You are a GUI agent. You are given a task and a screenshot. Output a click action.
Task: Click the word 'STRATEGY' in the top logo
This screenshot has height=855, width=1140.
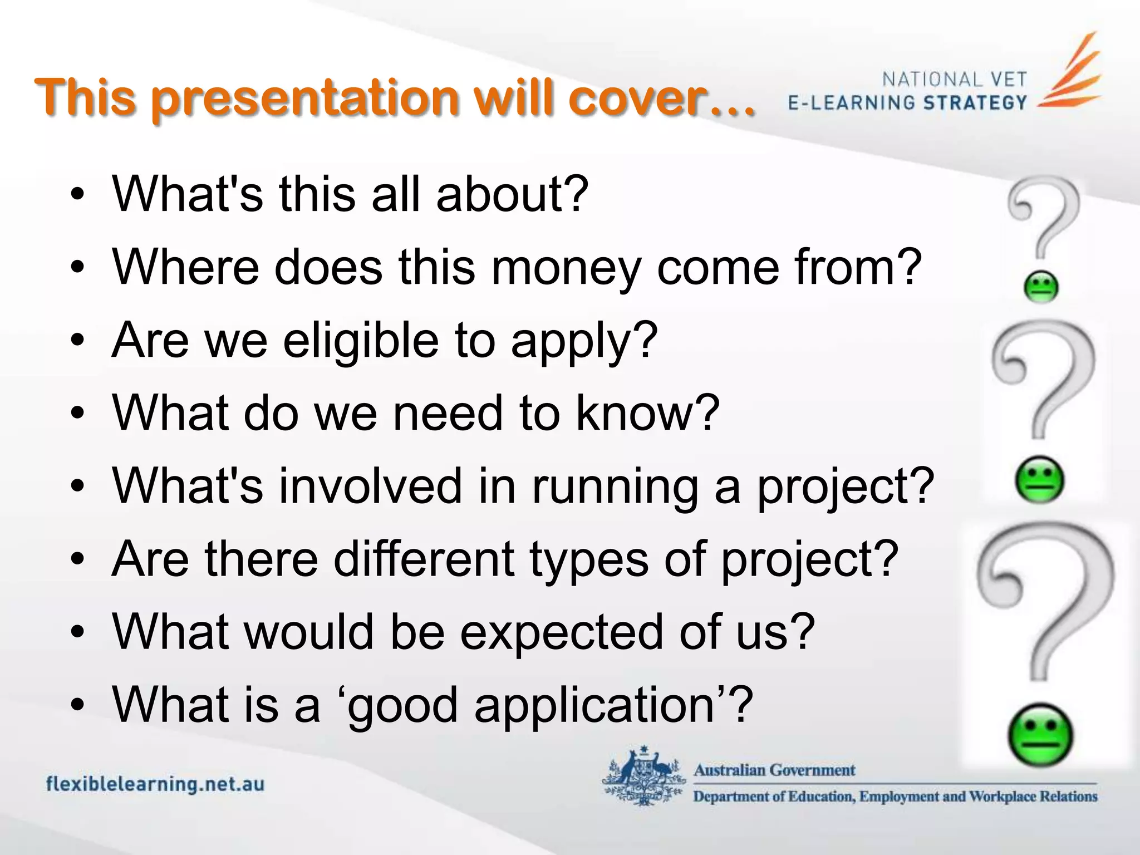pyautogui.click(x=975, y=103)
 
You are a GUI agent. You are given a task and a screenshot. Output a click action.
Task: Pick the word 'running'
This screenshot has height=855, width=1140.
pyautogui.click(x=615, y=486)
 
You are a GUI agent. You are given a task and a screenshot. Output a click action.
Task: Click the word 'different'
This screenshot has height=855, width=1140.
pyautogui.click(x=424, y=559)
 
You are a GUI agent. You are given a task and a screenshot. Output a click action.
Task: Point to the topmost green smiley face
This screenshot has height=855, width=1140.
pyautogui.click(x=1041, y=287)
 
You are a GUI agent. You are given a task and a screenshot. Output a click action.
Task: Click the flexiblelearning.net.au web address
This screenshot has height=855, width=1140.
pyautogui.click(x=155, y=784)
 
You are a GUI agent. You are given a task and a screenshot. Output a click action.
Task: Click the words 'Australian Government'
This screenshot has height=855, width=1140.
pyautogui.click(x=774, y=770)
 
